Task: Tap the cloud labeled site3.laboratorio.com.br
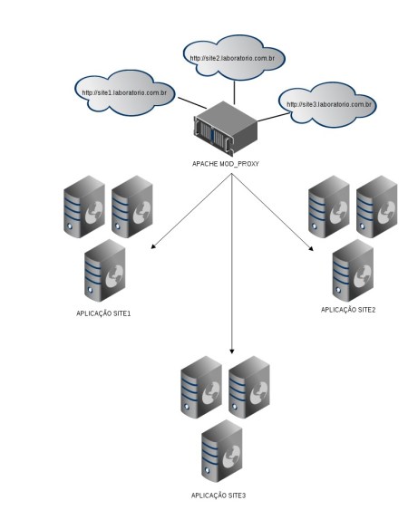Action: (329, 105)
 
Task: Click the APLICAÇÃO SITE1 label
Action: (104, 313)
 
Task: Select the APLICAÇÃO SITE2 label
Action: (349, 309)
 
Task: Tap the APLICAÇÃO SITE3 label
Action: (219, 496)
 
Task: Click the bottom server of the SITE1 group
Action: (103, 271)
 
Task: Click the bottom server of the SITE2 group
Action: (352, 270)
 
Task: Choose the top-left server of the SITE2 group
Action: (327, 207)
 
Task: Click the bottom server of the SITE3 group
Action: (222, 451)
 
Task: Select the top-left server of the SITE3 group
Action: (199, 387)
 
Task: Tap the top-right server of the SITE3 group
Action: (248, 386)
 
